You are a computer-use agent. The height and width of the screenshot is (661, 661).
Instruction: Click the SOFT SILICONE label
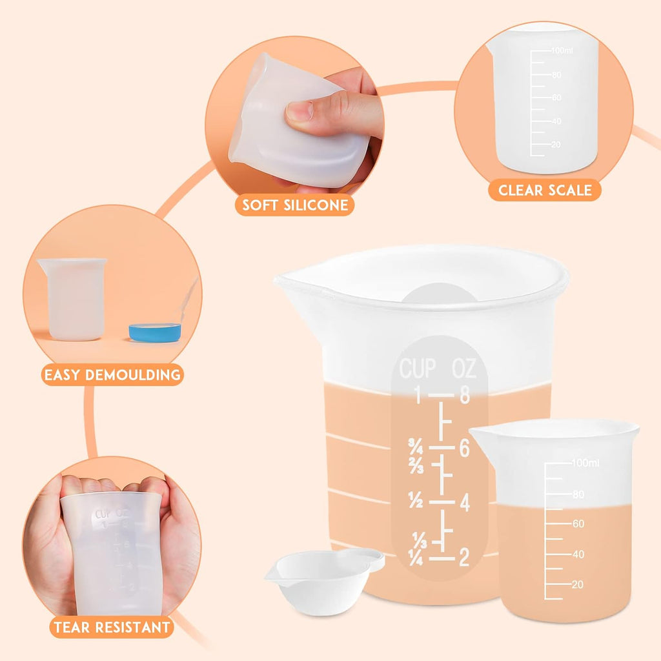(295, 205)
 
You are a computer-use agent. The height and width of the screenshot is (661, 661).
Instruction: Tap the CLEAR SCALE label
(544, 190)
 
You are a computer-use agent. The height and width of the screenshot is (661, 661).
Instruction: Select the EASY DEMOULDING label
(112, 374)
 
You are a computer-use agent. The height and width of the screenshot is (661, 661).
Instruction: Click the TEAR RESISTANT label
(112, 627)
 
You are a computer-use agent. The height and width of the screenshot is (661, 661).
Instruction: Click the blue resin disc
(155, 332)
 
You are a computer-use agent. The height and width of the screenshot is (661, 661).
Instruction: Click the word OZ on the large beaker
(464, 369)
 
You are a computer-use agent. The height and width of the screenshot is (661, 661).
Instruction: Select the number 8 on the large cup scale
(464, 395)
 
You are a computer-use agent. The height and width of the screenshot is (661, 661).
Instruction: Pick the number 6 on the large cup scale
(464, 448)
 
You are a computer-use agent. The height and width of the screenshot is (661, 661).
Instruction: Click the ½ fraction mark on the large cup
(416, 500)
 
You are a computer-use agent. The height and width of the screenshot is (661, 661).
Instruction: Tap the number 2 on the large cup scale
(463, 558)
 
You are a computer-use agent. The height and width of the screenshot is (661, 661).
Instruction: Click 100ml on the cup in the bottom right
(585, 463)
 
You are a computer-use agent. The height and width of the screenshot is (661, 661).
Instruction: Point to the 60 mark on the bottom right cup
(577, 524)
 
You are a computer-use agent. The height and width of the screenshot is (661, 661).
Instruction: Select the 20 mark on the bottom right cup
(577, 584)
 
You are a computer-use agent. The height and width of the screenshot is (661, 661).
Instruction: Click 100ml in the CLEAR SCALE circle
(562, 50)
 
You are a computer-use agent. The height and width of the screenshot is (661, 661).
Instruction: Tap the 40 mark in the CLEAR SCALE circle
(556, 121)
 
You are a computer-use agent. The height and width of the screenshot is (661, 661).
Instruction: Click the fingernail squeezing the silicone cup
(300, 112)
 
